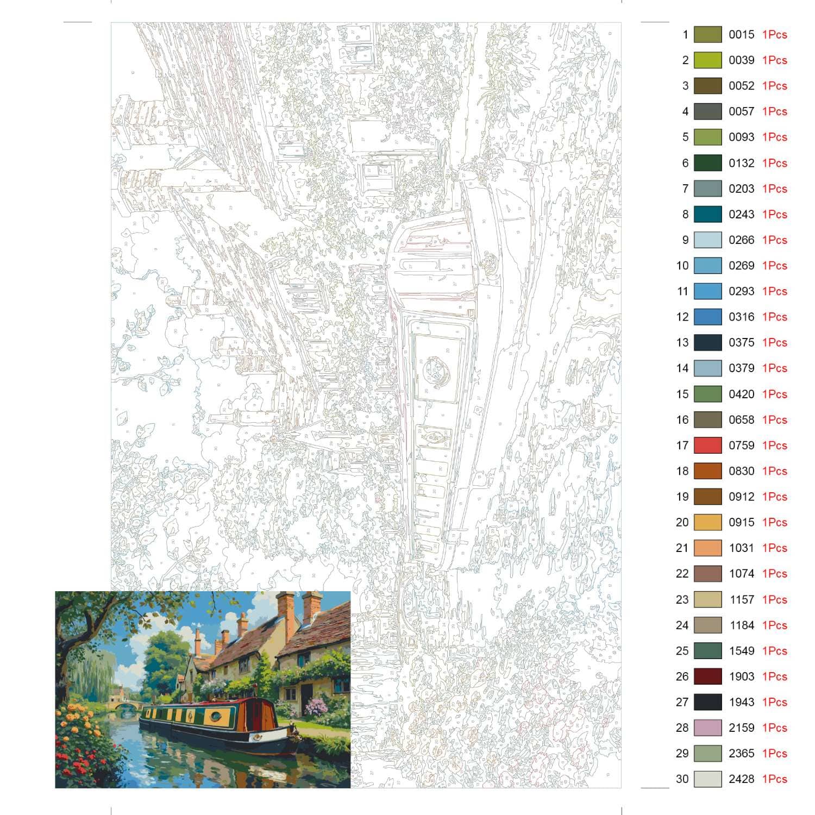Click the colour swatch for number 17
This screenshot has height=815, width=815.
pyautogui.click(x=707, y=446)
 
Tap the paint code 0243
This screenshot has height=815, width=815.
pyautogui.click(x=741, y=215)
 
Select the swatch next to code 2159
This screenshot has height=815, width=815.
pyautogui.click(x=707, y=728)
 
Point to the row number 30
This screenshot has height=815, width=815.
pyautogui.click(x=682, y=779)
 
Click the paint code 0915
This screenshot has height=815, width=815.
pyautogui.click(x=741, y=523)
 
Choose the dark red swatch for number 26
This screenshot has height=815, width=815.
pyautogui.click(x=707, y=676)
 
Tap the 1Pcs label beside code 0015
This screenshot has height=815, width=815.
pyautogui.click(x=774, y=35)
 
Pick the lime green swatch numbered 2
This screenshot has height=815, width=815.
pyautogui.click(x=707, y=60)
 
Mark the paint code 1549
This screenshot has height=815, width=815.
pyautogui.click(x=741, y=651)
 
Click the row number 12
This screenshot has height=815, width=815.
pyautogui.click(x=682, y=317)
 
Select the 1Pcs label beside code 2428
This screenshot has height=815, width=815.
pyautogui.click(x=774, y=779)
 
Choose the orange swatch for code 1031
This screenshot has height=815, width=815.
pyautogui.click(x=707, y=548)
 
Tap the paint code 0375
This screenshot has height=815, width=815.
pyautogui.click(x=741, y=343)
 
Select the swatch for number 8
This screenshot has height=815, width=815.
pyautogui.click(x=707, y=215)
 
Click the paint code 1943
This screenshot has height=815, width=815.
pyautogui.click(x=741, y=703)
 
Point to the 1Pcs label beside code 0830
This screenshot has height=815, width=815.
pyautogui.click(x=774, y=471)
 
